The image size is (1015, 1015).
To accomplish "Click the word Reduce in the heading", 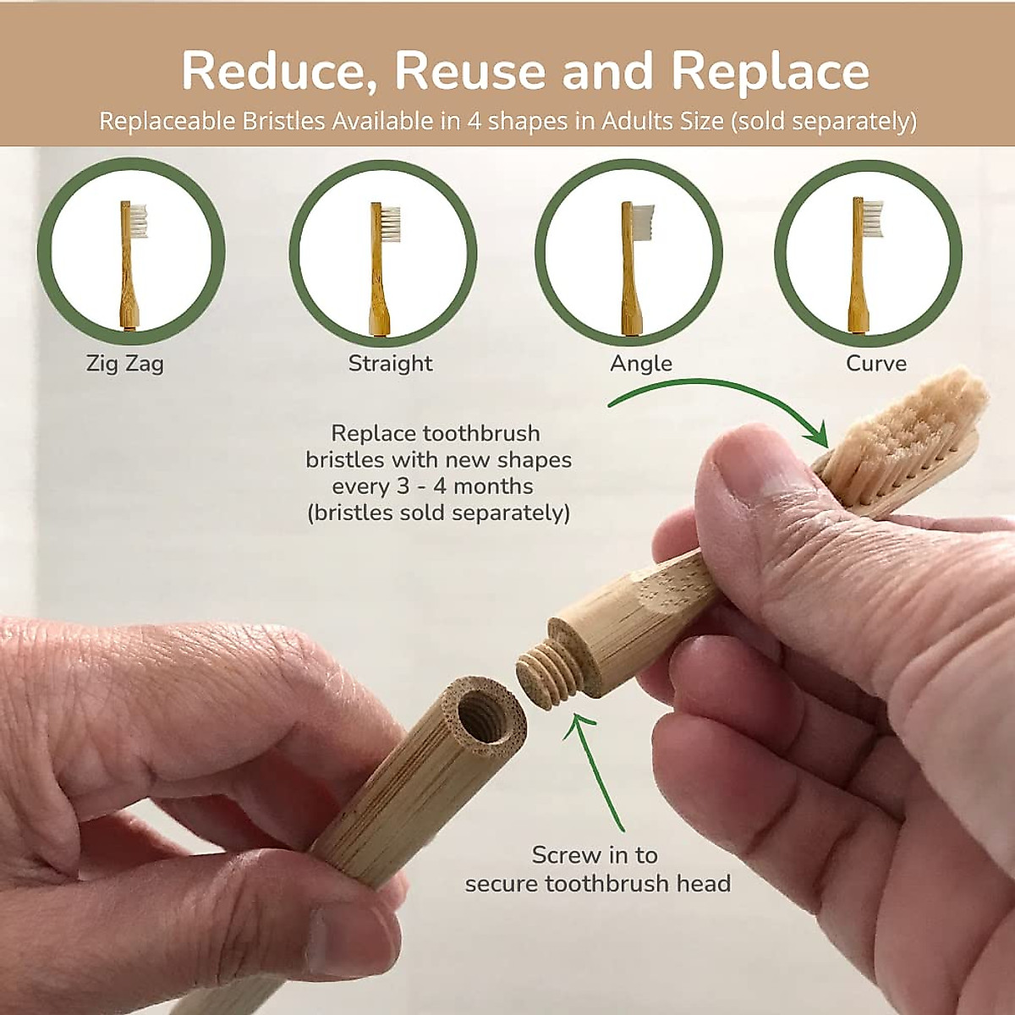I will click(x=279, y=71).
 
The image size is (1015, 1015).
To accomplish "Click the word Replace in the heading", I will click(x=770, y=71).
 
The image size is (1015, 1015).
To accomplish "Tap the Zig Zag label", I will click(x=125, y=364).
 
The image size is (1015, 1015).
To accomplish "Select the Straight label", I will click(x=390, y=364).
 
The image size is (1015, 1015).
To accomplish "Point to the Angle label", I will click(x=641, y=364).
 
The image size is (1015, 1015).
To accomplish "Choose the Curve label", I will click(x=876, y=364).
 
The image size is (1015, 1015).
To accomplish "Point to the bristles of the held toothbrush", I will click(x=913, y=440).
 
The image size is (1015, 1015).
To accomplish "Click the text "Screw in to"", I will click(x=595, y=855).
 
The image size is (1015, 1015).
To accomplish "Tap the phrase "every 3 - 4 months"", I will click(x=432, y=486).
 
